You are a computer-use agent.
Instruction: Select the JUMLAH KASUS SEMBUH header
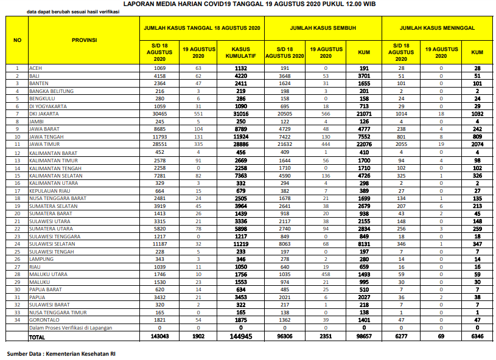[x=322, y=28]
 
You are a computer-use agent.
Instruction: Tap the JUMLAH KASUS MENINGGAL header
[x=437, y=28]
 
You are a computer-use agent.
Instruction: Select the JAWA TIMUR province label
[x=44, y=145]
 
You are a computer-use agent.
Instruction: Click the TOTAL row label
[x=38, y=336]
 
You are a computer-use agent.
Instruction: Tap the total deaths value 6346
[x=477, y=336]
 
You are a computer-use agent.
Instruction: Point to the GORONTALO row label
[x=43, y=320]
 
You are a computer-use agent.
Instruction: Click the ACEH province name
[x=36, y=68]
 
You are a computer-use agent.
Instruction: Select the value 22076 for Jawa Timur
[x=363, y=145]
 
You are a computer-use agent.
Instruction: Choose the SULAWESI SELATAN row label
[x=52, y=244]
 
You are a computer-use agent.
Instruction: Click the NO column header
[x=18, y=40]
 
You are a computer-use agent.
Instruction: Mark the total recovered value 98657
[x=363, y=336]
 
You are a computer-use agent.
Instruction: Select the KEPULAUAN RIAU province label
[x=49, y=190]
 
